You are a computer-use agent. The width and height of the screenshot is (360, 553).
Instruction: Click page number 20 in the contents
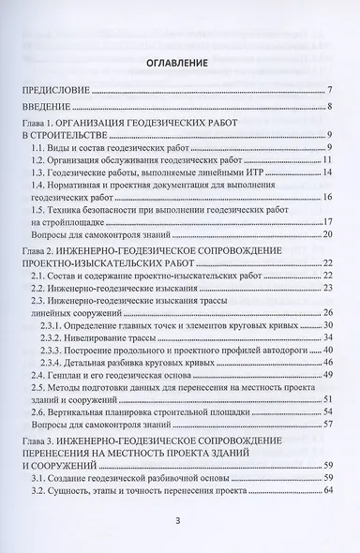coord(328,235)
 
